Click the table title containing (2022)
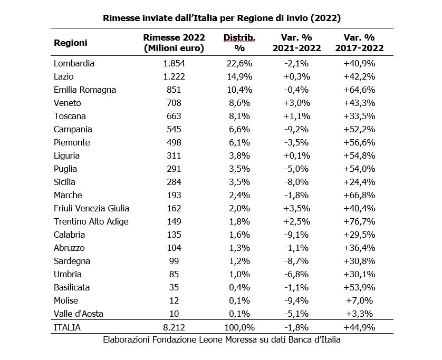pyautogui.click(x=222, y=18)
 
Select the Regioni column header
pyautogui.click(x=71, y=43)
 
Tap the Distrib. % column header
pyautogui.click(x=239, y=43)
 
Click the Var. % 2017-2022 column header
pyautogui.click(x=359, y=43)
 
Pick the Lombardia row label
pyautogui.click(x=74, y=63)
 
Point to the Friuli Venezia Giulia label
pyautogui.click(x=91, y=208)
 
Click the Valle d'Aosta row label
pyautogui.click(x=79, y=314)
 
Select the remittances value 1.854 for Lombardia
pyautogui.click(x=174, y=63)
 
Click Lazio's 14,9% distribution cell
pyautogui.click(x=239, y=76)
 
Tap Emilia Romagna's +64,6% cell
pyautogui.click(x=359, y=90)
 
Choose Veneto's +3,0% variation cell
pyautogui.click(x=296, y=103)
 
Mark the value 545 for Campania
pyautogui.click(x=174, y=129)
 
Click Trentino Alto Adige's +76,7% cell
pyautogui.click(x=359, y=222)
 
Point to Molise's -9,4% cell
pyautogui.click(x=296, y=300)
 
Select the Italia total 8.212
pyautogui.click(x=174, y=328)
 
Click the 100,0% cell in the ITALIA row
pyautogui.click(x=239, y=328)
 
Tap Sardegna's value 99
pyautogui.click(x=174, y=261)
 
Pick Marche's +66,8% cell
pyautogui.click(x=359, y=195)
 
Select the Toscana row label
pyautogui.click(x=70, y=116)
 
